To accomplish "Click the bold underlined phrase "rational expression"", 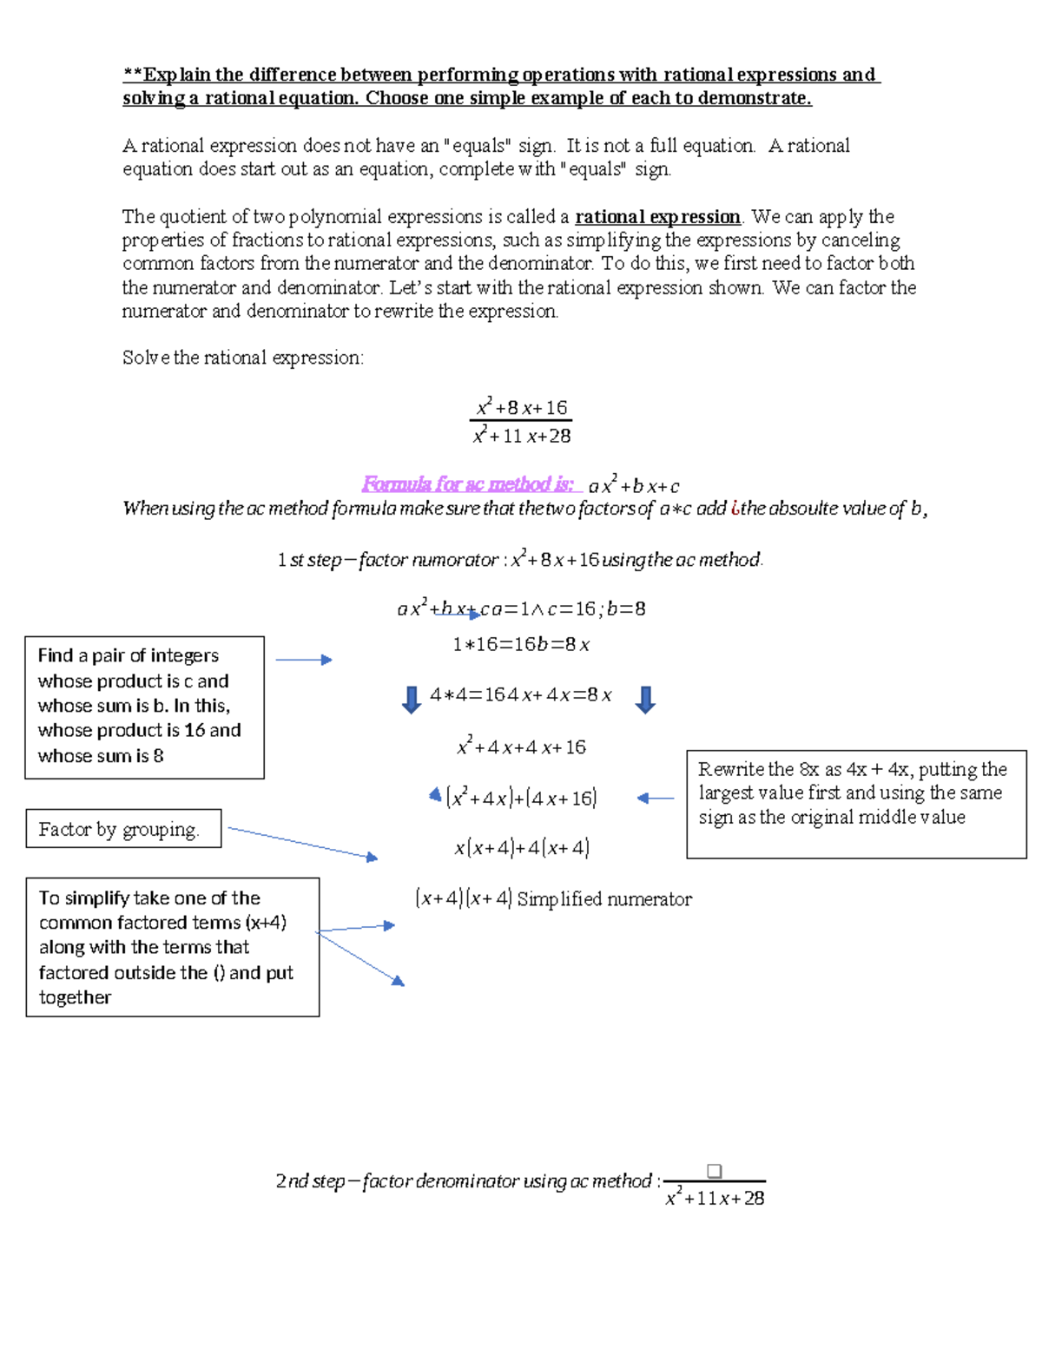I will click(657, 217).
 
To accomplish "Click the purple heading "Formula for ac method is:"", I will click(468, 484).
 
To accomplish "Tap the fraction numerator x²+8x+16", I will click(521, 407).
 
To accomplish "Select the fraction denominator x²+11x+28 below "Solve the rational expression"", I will click(521, 436).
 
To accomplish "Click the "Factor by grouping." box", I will click(123, 829).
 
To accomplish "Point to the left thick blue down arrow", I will click(412, 699).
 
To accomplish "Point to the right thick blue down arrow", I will click(644, 699).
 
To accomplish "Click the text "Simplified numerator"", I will click(604, 899).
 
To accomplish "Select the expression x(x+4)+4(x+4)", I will click(521, 847).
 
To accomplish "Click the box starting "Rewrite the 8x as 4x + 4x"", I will click(855, 804).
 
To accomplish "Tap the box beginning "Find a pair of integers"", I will click(144, 707).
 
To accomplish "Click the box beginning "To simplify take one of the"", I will click(172, 947).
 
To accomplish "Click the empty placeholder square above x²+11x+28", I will click(714, 1171).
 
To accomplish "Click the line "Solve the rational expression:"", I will click(242, 358).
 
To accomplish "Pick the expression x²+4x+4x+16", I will click(521, 746).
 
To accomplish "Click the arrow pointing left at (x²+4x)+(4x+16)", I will click(655, 798).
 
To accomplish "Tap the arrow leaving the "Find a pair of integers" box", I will click(303, 660).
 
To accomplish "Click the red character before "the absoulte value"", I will click(735, 509).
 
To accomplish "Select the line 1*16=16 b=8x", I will click(521, 644).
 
